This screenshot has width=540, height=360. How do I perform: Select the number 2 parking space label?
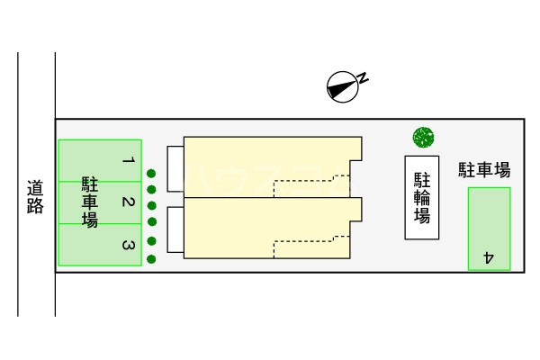click(x=129, y=202)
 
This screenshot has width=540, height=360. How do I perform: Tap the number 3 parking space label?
click(x=129, y=245)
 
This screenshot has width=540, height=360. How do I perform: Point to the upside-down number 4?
click(x=489, y=256)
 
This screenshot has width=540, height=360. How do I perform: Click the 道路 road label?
click(x=35, y=197)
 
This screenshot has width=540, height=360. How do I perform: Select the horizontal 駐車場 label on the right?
click(x=484, y=170)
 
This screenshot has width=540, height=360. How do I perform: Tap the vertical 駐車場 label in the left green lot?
click(x=90, y=202)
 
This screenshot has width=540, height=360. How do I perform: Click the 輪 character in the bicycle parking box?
click(x=421, y=197)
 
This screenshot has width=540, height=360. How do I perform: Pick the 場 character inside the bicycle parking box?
click(x=421, y=216)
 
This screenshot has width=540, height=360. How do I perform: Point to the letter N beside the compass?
click(x=364, y=77)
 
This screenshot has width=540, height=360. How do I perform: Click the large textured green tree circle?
click(x=424, y=137)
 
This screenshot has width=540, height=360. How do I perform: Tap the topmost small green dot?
click(x=152, y=173)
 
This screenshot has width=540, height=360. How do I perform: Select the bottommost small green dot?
click(x=152, y=257)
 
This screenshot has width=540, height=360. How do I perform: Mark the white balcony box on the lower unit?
click(x=175, y=229)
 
